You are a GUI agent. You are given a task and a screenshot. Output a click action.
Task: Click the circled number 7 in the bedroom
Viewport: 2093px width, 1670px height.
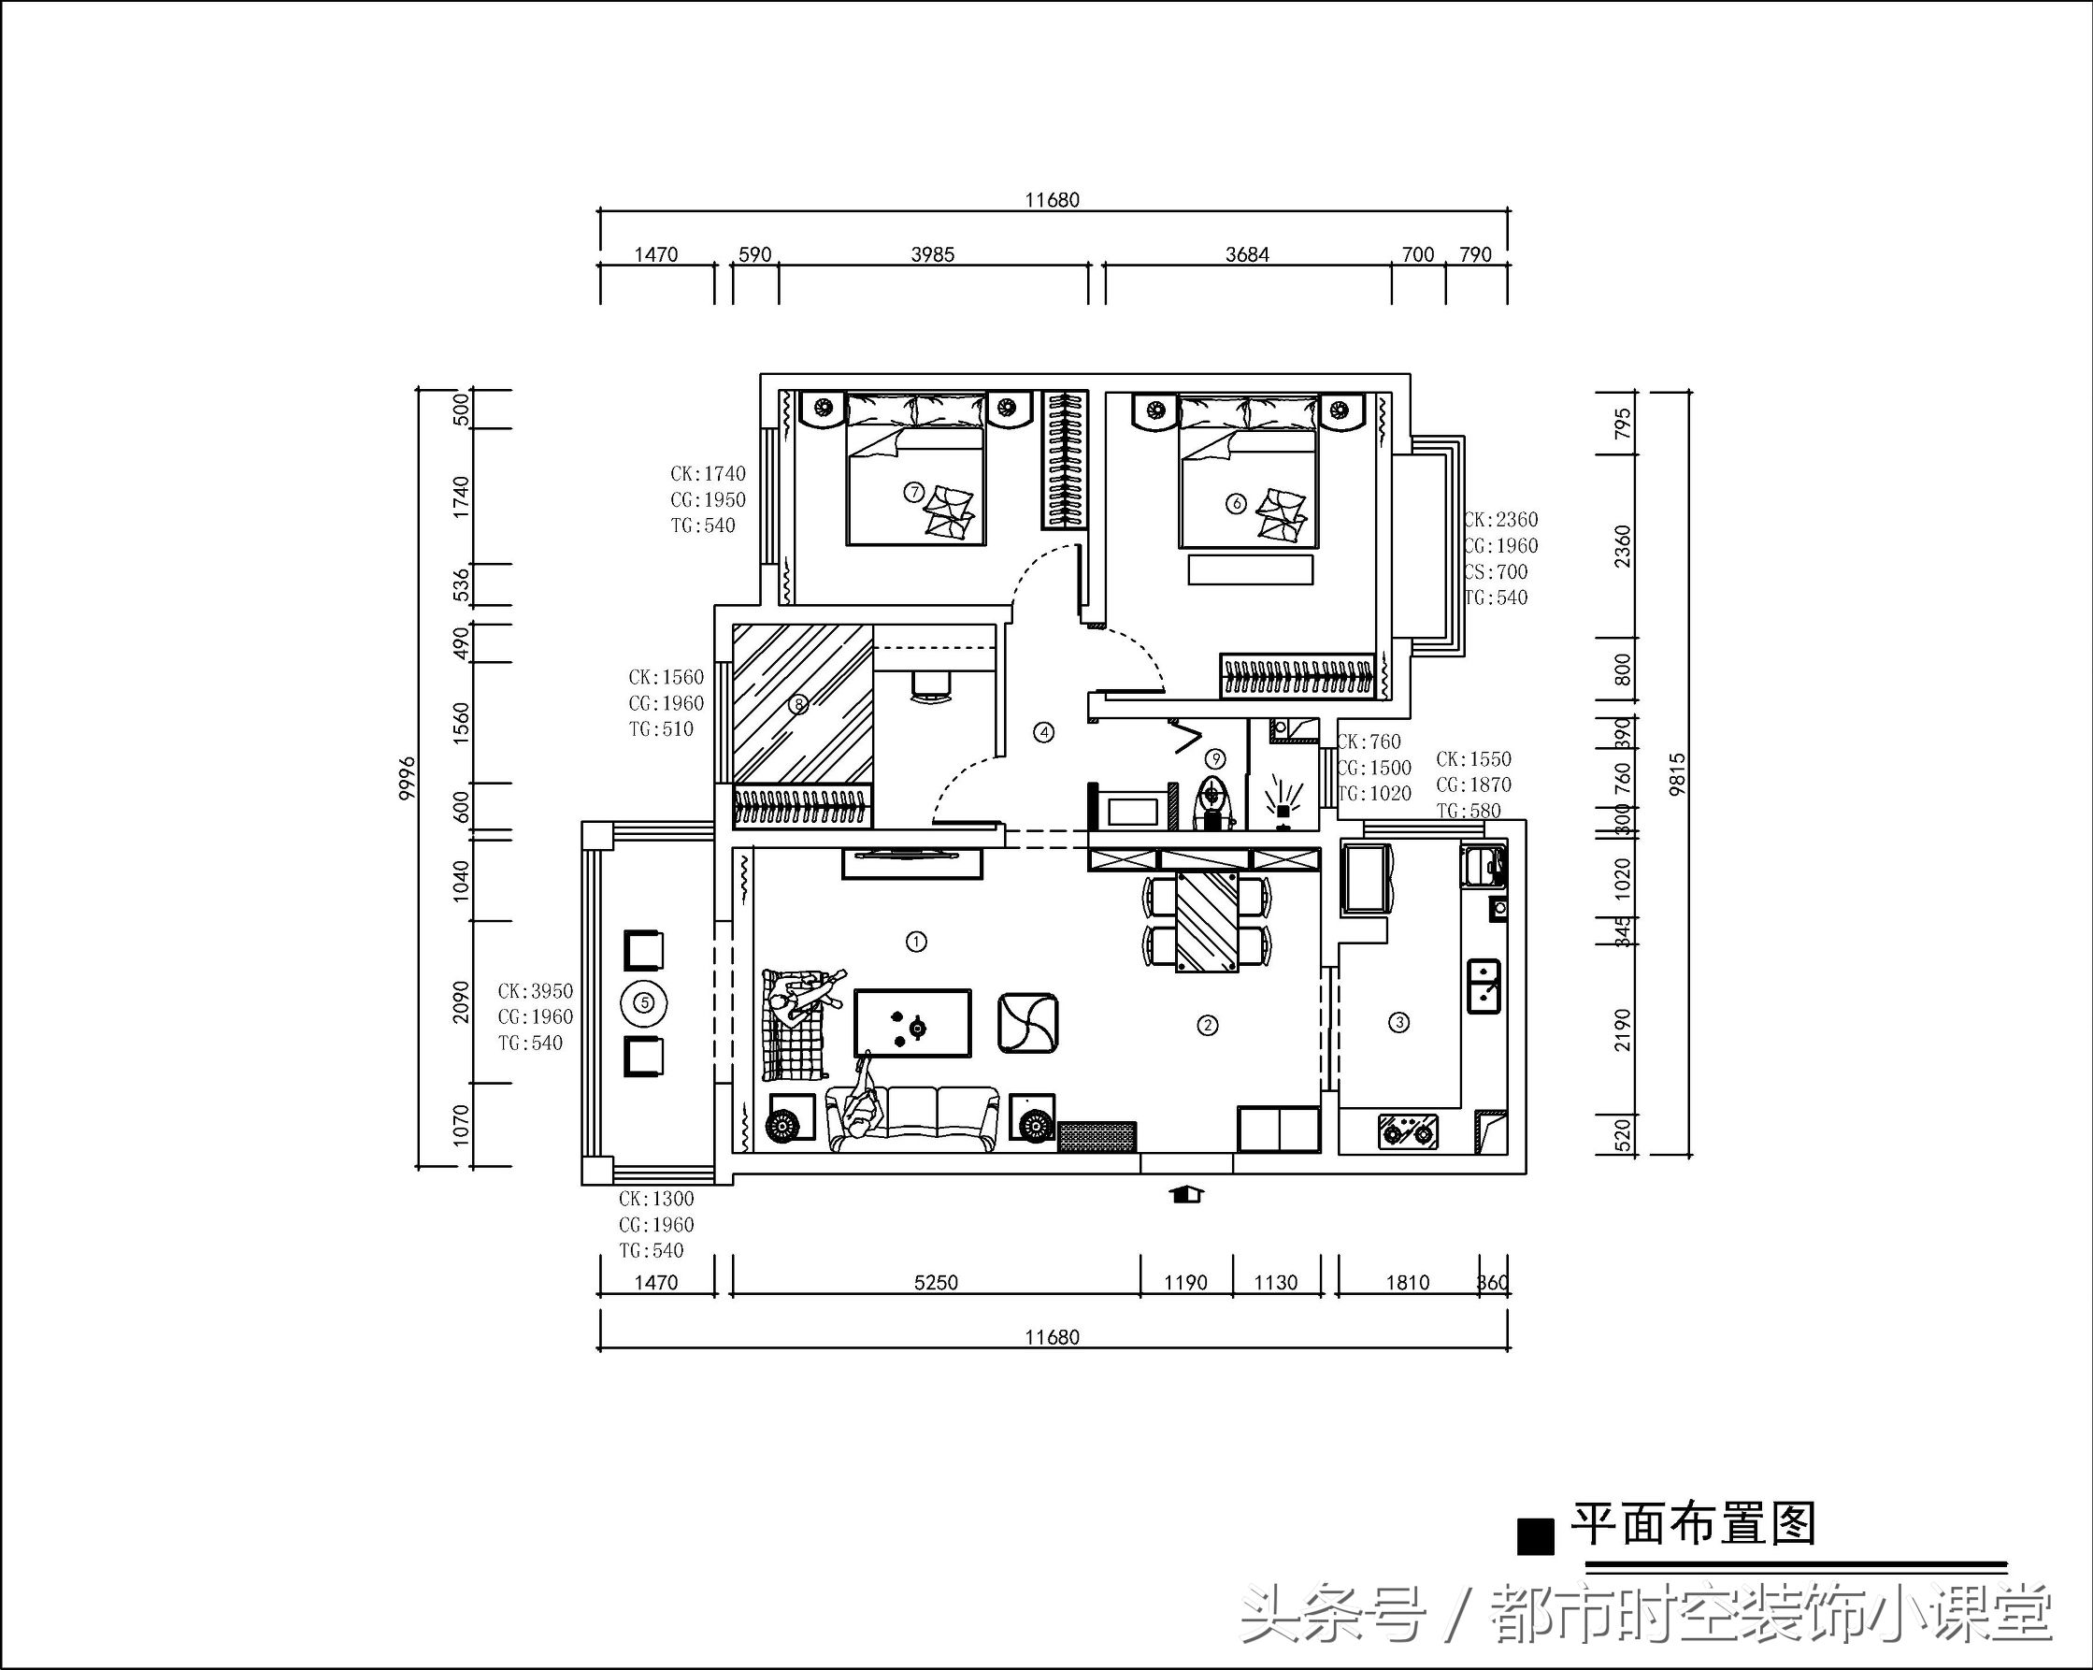click(x=913, y=491)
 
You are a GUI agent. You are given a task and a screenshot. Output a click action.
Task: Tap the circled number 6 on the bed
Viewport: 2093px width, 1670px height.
click(x=1236, y=503)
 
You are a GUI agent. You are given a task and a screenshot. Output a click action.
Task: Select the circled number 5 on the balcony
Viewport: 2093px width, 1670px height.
click(x=646, y=1003)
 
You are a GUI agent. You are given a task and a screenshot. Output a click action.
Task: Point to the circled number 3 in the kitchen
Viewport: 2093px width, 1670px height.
click(x=1398, y=1021)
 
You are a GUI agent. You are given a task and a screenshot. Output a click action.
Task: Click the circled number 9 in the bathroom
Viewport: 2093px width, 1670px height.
click(x=1214, y=758)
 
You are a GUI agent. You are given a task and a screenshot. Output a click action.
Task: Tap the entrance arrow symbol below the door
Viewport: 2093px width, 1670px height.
click(x=1187, y=1194)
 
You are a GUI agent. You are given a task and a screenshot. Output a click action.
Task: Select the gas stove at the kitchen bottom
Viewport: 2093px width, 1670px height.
click(x=1408, y=1131)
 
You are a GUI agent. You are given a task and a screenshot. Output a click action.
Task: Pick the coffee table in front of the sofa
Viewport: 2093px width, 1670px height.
click(x=912, y=1022)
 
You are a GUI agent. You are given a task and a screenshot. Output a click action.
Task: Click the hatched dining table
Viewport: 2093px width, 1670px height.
click(x=1207, y=920)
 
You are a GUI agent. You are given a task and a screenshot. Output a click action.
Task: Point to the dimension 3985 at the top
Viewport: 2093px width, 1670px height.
click(x=932, y=254)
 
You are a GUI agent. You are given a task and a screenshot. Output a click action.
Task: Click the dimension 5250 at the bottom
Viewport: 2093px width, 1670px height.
click(x=935, y=1283)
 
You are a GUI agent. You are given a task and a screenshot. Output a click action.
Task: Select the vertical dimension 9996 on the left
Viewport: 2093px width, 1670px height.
click(x=408, y=777)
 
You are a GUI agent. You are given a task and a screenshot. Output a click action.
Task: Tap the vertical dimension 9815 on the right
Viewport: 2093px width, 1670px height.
click(x=1679, y=774)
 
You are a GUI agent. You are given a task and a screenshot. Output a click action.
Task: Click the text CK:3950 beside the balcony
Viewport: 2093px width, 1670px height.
click(x=535, y=991)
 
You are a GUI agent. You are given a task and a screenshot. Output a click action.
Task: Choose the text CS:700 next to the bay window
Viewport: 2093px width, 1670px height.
click(x=1496, y=572)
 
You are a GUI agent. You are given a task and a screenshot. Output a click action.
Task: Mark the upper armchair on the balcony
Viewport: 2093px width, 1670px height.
click(x=644, y=950)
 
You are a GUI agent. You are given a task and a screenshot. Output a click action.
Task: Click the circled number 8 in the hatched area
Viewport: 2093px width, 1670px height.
click(x=798, y=704)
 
